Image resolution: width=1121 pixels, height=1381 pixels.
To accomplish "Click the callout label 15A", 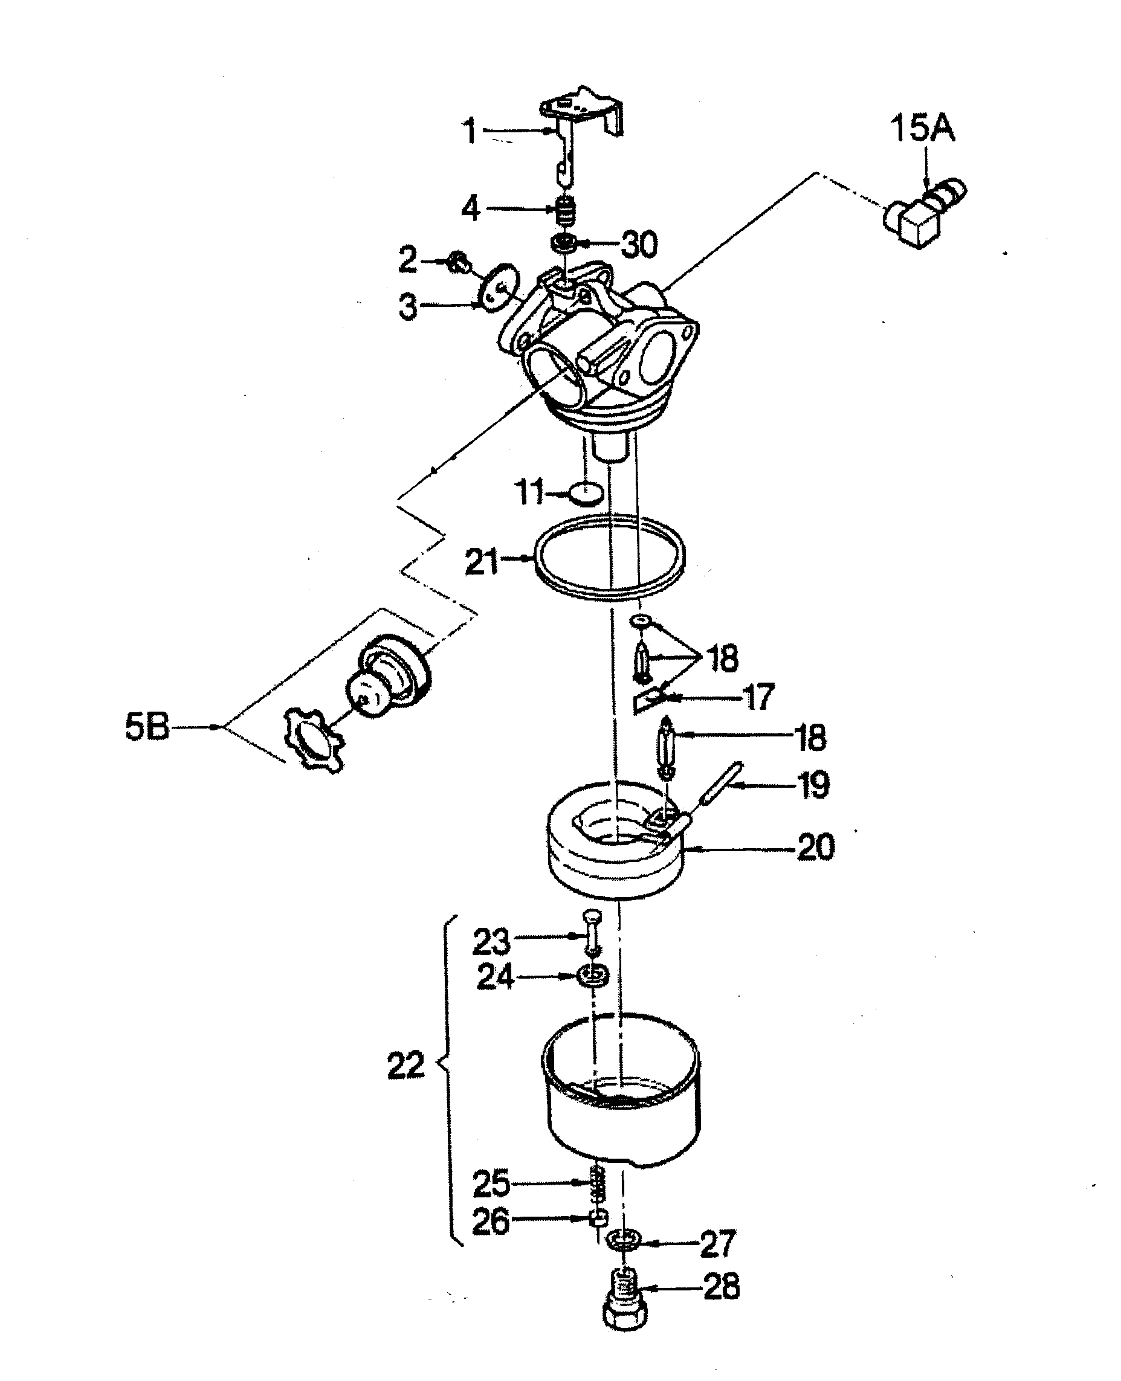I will coord(922,128).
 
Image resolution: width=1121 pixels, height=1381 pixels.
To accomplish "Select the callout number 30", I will coord(639,245).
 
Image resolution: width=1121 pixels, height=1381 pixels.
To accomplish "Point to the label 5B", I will coord(147,727).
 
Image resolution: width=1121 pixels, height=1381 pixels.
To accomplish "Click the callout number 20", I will coord(816,847).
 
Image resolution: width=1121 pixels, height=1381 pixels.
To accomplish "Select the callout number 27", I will coord(717,1243).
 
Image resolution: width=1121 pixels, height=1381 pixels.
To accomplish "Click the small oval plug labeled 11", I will coord(586,495).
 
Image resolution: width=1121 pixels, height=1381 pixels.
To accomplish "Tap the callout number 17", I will coord(758,697).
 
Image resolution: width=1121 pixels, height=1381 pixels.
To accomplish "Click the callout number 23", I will coord(491,942).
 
